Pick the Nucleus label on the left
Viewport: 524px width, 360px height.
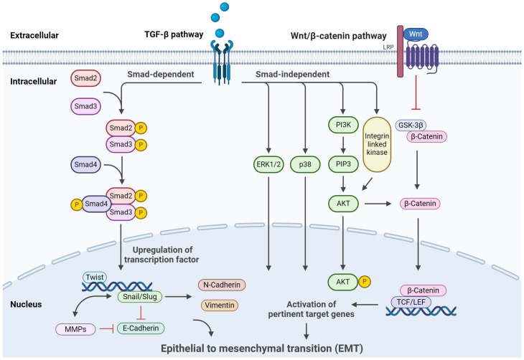click(27, 304)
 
